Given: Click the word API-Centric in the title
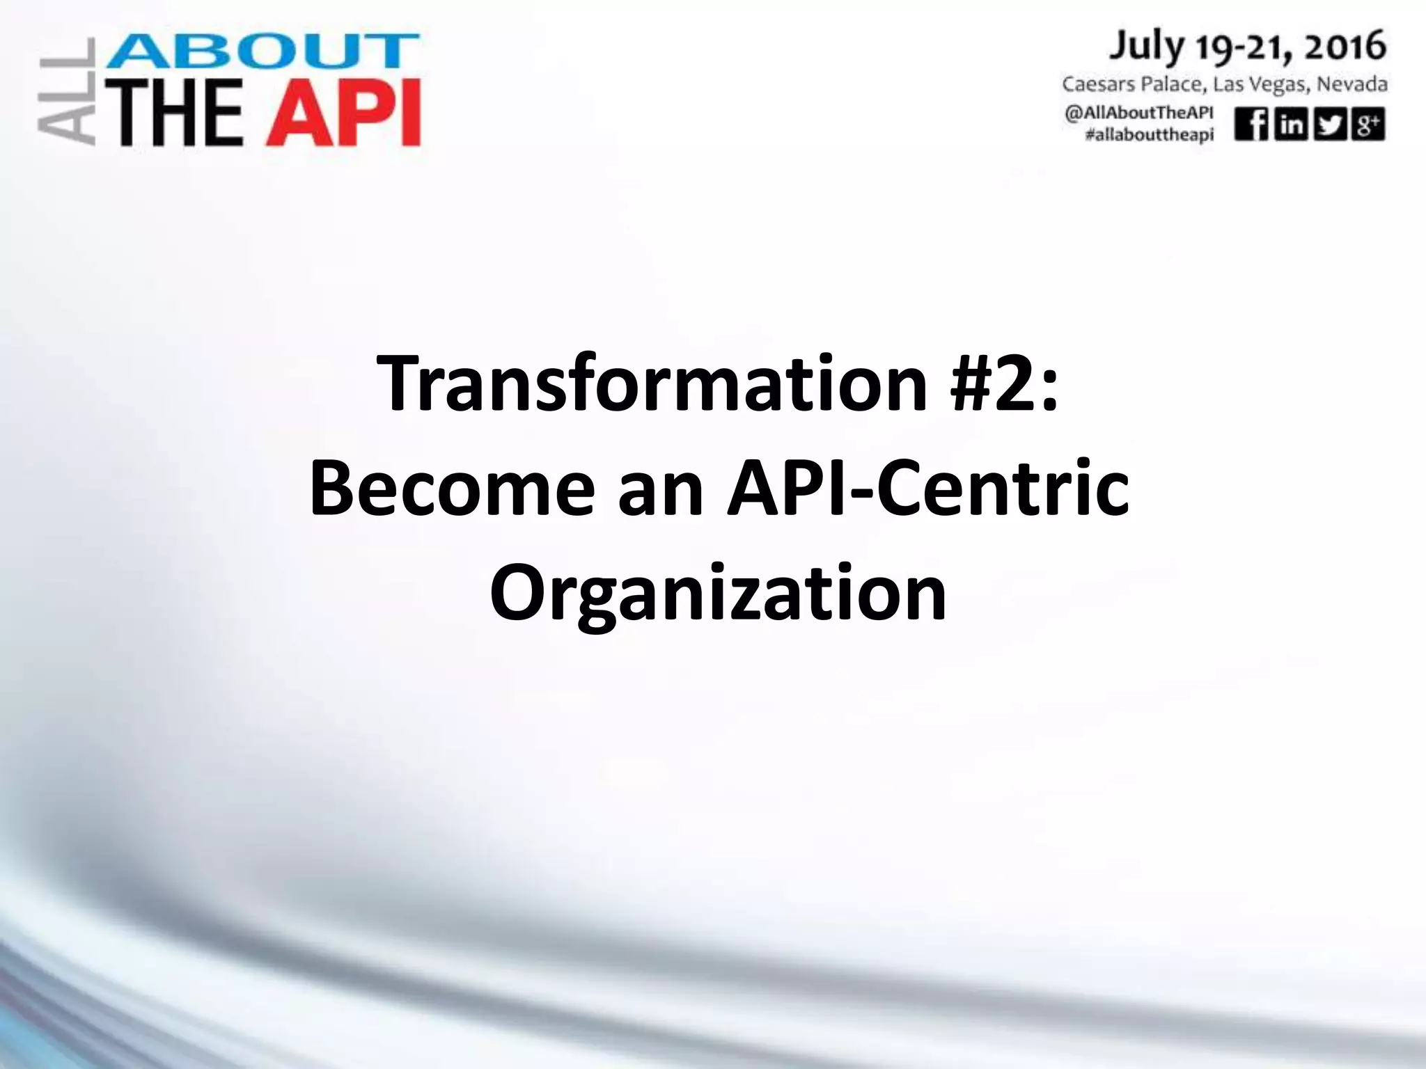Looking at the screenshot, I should [927, 489].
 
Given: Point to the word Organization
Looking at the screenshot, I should [718, 595].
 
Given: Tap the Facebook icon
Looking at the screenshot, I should [1251, 125].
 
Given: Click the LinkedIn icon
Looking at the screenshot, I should [1290, 125].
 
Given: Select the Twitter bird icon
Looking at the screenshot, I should [1329, 125].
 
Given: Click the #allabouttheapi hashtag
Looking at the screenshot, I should [1149, 135].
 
